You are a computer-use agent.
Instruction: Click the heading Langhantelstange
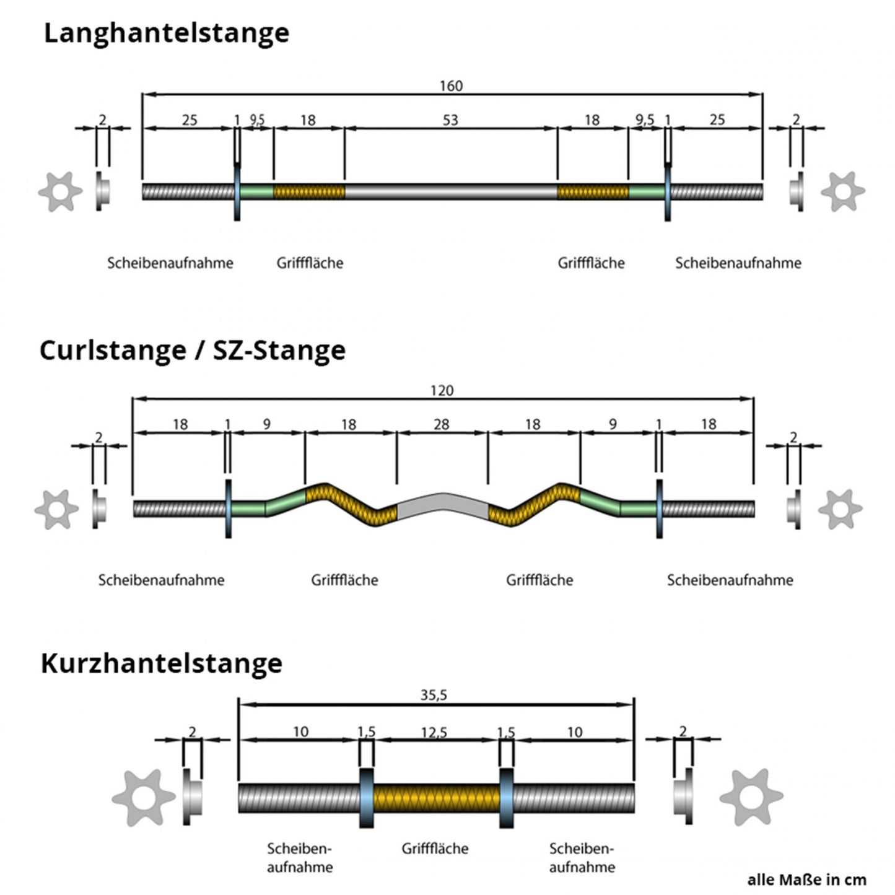[x=166, y=33]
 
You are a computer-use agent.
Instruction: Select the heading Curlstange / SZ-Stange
[x=192, y=351]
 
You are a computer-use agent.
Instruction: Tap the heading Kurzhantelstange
[x=161, y=663]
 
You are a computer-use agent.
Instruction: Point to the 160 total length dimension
[x=451, y=85]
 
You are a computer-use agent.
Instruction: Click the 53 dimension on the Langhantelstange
[x=450, y=120]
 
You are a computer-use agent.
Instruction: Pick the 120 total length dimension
[x=442, y=390]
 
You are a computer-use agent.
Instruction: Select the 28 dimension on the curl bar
[x=441, y=424]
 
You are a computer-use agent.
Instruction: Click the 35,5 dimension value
[x=434, y=695]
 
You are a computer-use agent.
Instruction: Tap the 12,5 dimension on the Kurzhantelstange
[x=434, y=733]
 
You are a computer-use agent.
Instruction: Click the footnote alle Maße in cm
[x=806, y=880]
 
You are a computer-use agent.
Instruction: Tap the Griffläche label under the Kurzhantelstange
[x=435, y=849]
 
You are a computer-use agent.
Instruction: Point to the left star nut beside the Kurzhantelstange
[x=143, y=798]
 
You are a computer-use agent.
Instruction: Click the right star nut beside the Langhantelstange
[x=842, y=191]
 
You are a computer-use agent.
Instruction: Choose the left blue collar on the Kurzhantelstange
[x=367, y=798]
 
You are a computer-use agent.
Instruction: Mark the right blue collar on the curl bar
[x=659, y=509]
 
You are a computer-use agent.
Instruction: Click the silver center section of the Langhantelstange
[x=450, y=192]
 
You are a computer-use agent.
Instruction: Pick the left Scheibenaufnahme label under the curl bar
[x=161, y=580]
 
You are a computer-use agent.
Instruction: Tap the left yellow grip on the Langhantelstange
[x=308, y=192]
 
